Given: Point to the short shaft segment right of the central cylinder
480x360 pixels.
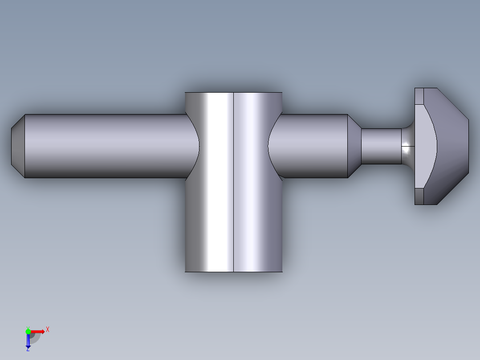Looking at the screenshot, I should click(312, 146).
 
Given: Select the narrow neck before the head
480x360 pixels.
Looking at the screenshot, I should click(381, 146).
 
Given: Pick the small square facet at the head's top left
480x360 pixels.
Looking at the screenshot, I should click(419, 96).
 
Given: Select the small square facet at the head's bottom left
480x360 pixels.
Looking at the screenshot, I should click(419, 196).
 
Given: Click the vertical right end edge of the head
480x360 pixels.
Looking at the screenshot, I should click(469, 146).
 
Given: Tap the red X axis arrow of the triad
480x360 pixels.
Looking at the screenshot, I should click(38, 331).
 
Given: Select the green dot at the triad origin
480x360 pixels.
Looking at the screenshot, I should click(28, 331).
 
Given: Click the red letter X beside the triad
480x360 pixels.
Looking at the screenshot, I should click(48, 329).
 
